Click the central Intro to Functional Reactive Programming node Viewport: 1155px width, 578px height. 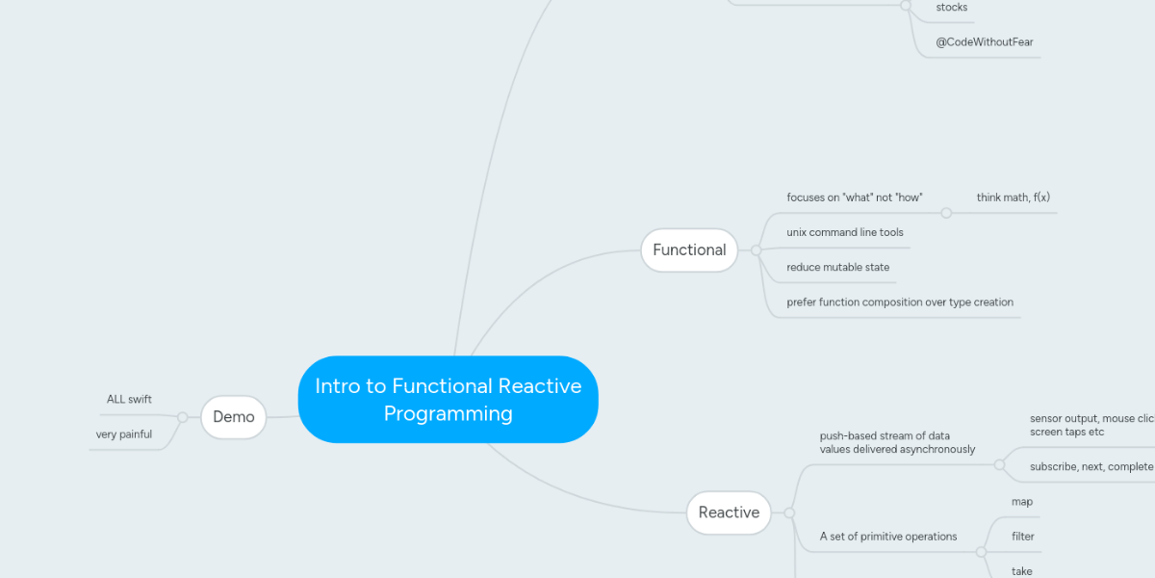click(x=448, y=400)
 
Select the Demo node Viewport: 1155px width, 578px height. click(x=233, y=417)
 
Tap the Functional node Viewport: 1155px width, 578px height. click(x=689, y=250)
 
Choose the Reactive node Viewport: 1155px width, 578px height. click(x=729, y=512)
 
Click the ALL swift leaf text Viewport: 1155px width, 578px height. click(x=129, y=399)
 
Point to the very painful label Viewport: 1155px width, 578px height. click(x=123, y=434)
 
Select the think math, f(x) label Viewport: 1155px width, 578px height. click(x=1013, y=197)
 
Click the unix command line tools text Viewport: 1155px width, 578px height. click(x=844, y=232)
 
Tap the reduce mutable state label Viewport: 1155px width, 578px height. click(x=837, y=267)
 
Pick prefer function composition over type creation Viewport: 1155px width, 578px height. click(x=899, y=302)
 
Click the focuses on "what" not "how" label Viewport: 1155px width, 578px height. click(x=854, y=197)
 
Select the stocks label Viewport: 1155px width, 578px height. click(x=951, y=8)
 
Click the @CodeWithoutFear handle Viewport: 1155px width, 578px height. click(x=976, y=42)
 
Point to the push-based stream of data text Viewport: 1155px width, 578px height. click(x=884, y=436)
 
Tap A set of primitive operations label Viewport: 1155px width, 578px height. click(x=887, y=537)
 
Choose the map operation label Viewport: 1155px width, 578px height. click(x=1021, y=502)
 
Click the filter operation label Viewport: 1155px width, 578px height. click(x=1022, y=537)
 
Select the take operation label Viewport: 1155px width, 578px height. click(x=1021, y=571)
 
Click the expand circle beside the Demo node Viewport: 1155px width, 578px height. click(x=182, y=417)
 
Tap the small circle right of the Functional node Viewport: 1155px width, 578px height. click(x=756, y=250)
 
